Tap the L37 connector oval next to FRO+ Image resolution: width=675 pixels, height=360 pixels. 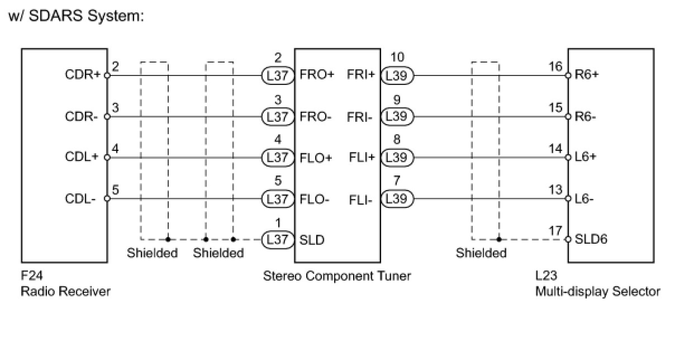coord(277,75)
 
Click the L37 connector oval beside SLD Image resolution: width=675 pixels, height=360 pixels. coord(277,240)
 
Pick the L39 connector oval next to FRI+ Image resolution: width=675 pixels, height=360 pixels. coord(397,75)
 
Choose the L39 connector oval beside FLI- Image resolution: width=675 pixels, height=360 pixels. coord(397,199)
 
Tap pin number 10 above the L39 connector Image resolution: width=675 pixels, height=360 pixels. coord(397,58)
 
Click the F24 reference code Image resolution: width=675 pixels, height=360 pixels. coord(31,276)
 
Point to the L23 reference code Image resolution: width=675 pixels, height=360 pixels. coord(545,276)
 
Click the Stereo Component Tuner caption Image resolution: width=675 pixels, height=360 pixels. coord(337,276)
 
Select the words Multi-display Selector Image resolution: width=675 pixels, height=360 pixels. coord(597,291)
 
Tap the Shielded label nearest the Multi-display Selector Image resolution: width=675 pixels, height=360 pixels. coord(481,253)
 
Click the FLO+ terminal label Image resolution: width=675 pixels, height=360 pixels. coord(316,158)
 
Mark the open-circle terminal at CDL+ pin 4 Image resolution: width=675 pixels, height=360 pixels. coord(107,158)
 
